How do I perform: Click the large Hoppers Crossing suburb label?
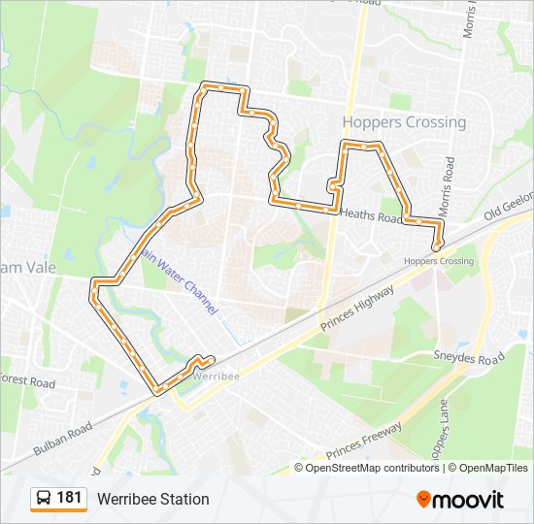(404, 122)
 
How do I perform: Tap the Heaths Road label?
(371, 216)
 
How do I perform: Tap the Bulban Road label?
(62, 439)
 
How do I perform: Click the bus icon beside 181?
(44, 499)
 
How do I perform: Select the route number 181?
(70, 498)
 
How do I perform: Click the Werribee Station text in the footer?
(152, 499)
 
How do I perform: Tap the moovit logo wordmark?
(469, 500)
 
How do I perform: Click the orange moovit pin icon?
(423, 500)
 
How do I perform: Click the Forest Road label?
(27, 380)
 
